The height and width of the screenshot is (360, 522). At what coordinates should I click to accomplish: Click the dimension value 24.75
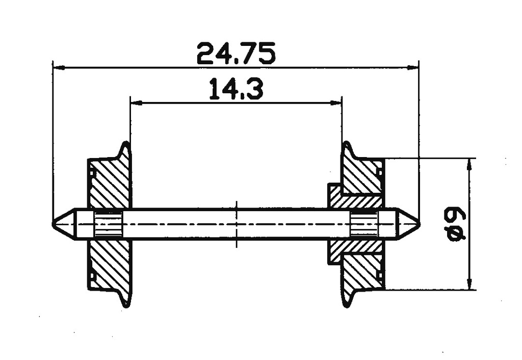coord(236,54)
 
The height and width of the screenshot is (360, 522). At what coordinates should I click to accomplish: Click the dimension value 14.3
coord(236,90)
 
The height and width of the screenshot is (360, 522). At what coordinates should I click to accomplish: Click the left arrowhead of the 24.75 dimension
coord(56,67)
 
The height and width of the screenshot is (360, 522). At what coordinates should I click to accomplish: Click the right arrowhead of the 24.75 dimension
coord(415,67)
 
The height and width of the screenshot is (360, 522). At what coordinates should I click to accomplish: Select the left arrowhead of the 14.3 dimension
coord(134,102)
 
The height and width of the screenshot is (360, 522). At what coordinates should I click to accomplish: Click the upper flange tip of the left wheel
coord(125,144)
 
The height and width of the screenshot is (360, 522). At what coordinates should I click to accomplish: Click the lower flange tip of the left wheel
coord(126,305)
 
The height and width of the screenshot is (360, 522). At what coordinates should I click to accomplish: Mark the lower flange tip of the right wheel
coord(346,305)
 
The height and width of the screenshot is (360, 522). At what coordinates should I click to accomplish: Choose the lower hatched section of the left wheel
coord(109,265)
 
